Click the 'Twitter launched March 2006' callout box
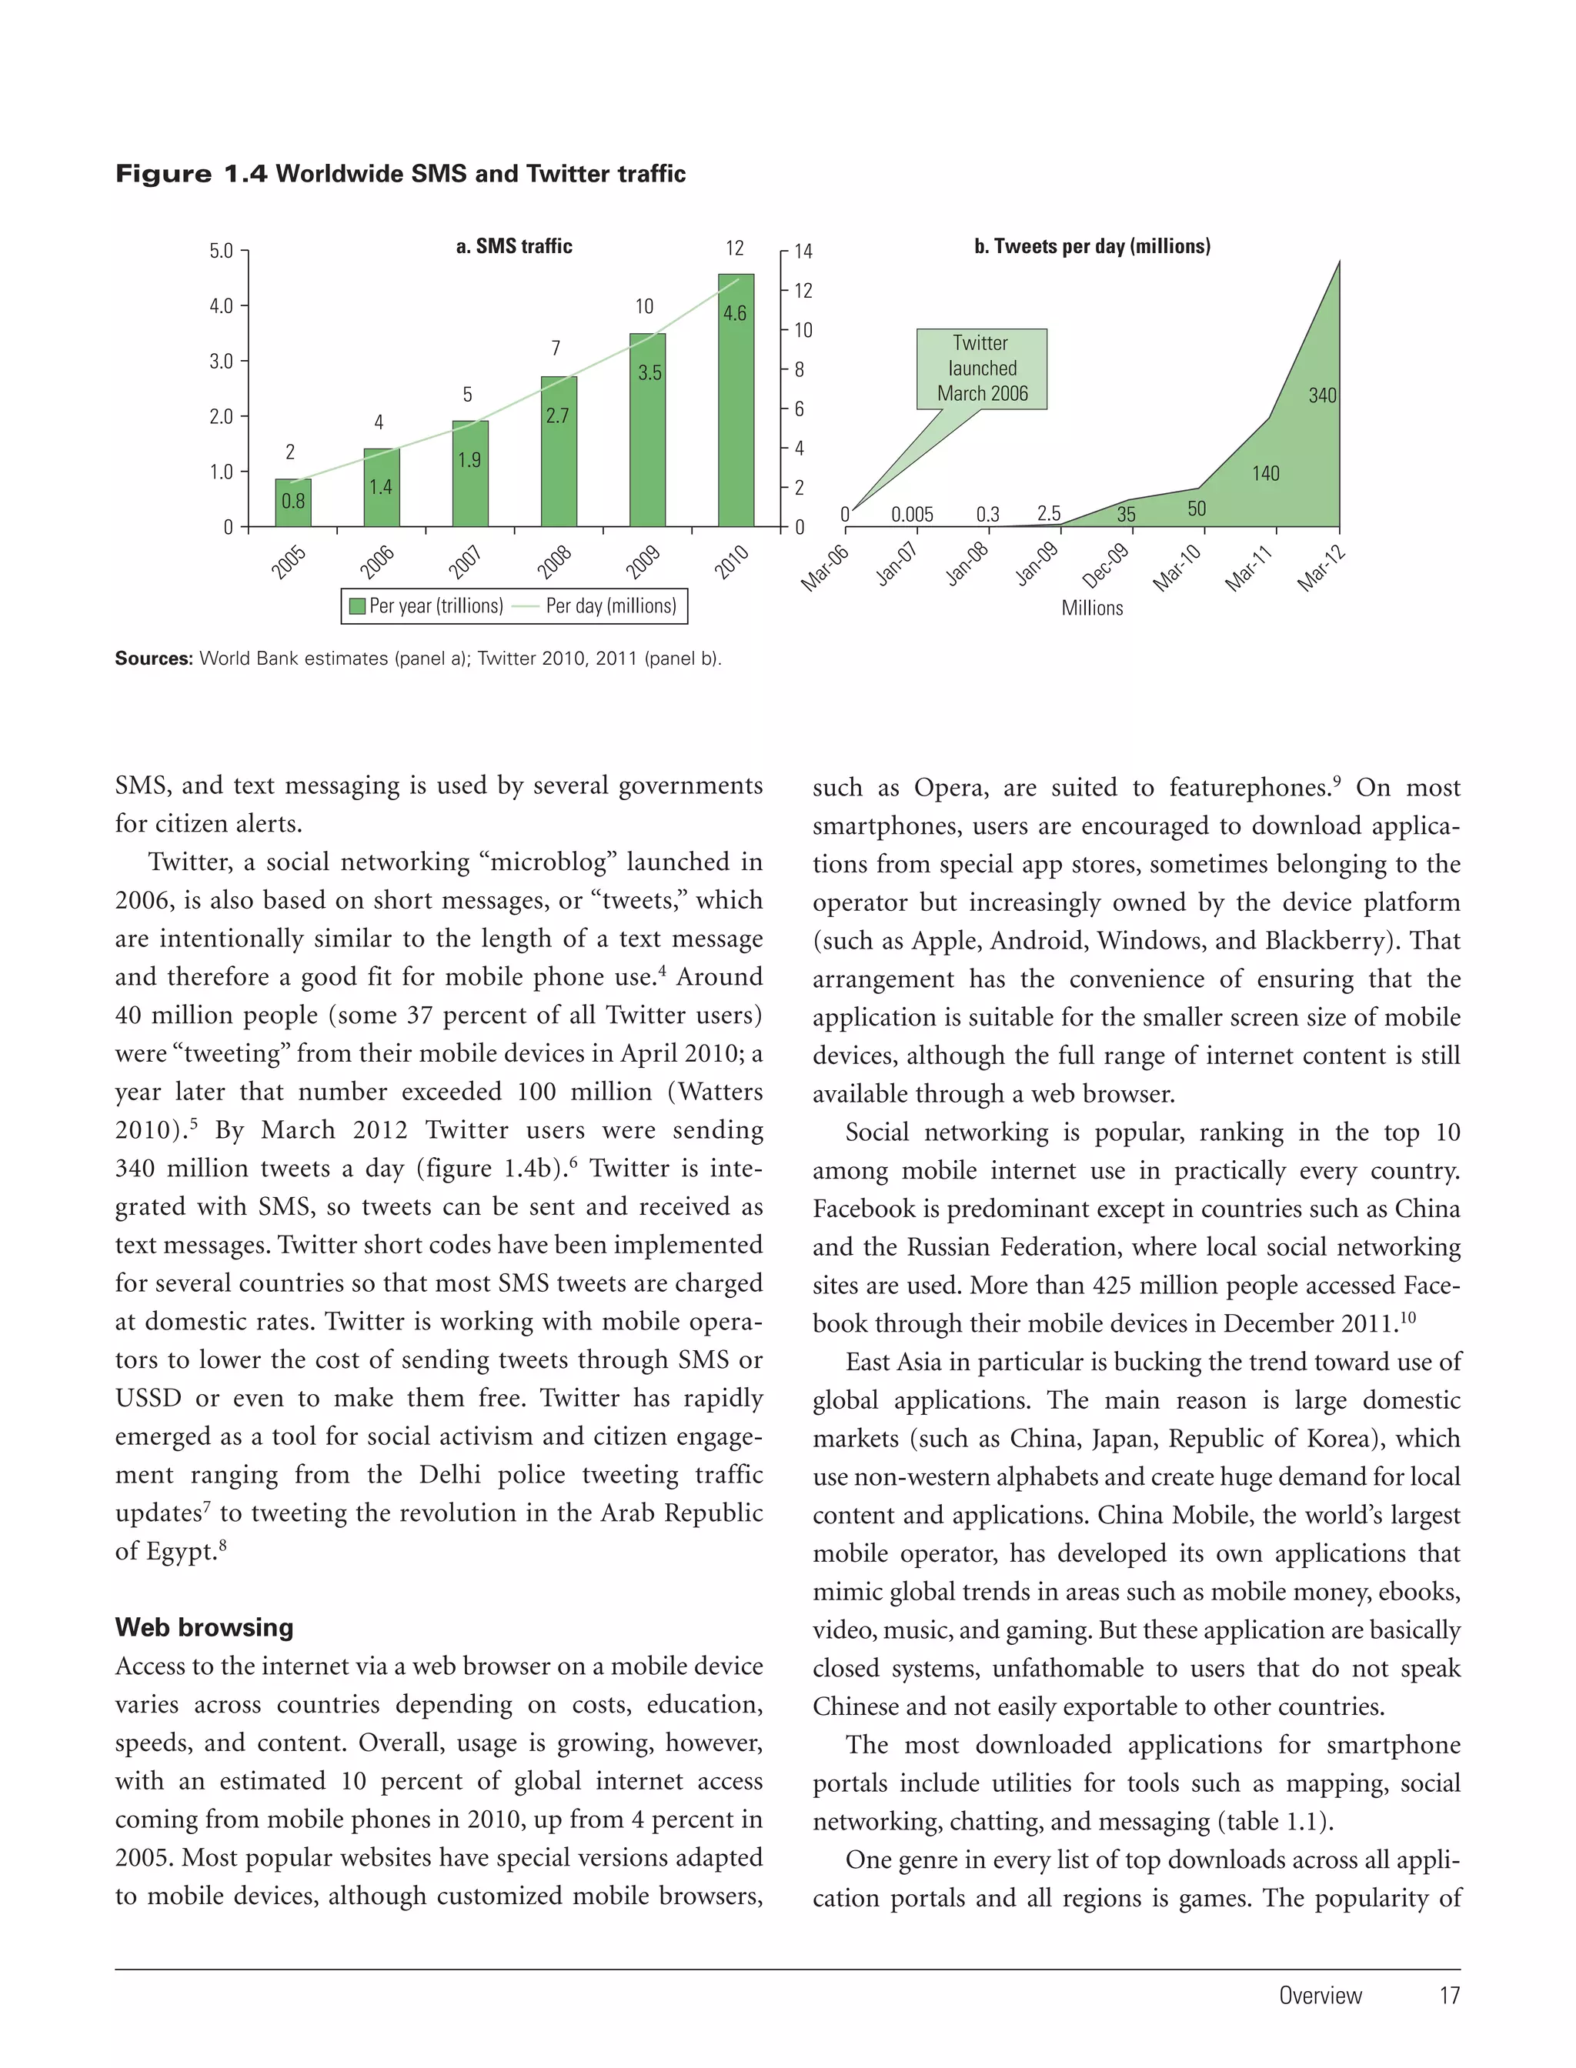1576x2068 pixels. click(981, 369)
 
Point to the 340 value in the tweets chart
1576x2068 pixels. click(1322, 395)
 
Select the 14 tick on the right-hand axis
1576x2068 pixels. click(803, 252)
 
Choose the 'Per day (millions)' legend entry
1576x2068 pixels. click(609, 606)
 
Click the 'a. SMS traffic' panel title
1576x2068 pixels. click(513, 247)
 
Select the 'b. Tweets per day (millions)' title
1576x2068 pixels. click(1092, 247)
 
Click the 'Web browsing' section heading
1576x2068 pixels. click(204, 1627)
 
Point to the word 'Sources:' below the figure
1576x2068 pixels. click(153, 659)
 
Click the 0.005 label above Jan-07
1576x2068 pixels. click(912, 514)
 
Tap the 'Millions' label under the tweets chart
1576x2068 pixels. click(1092, 608)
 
